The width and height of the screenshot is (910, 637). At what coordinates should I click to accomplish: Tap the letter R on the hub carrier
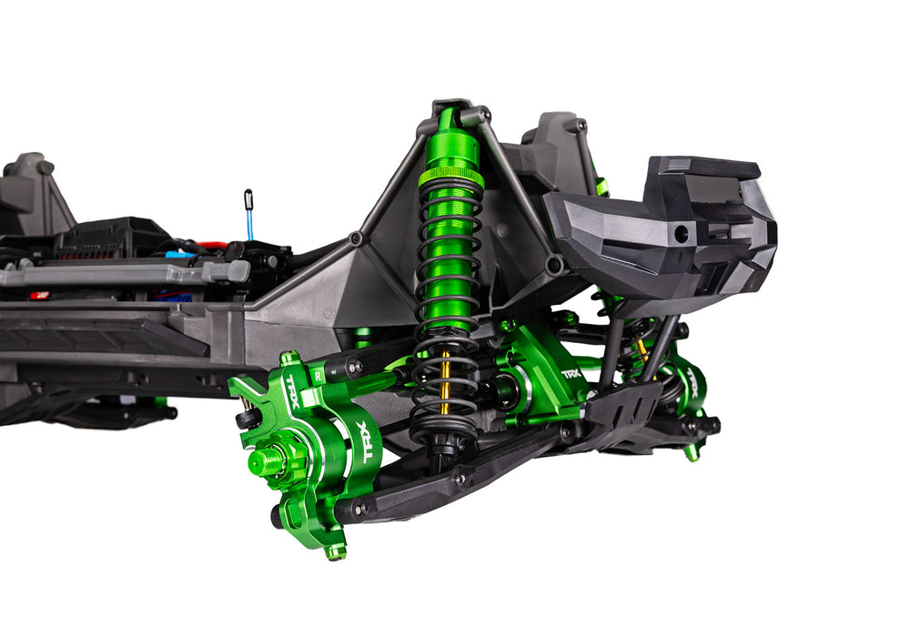coord(318,372)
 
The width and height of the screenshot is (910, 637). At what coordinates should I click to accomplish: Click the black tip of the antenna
coord(248,197)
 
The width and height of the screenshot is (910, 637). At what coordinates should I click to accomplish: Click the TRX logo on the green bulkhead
coord(571,374)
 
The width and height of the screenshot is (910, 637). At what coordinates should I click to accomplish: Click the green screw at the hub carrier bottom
coord(336,551)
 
